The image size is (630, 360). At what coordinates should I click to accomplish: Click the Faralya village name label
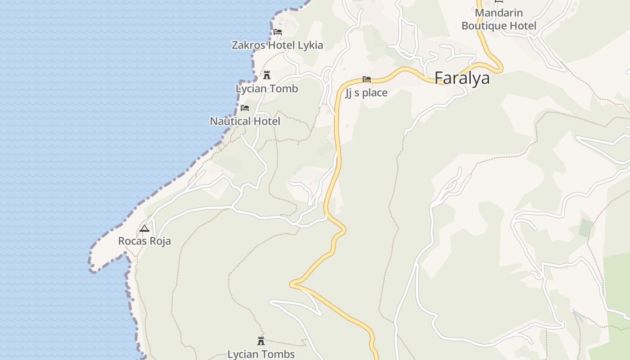click(462, 78)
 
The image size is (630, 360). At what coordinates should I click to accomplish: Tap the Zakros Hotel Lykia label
click(277, 45)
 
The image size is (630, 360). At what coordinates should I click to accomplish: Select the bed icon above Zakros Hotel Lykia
click(278, 32)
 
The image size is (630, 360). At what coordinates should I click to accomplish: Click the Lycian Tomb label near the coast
click(267, 89)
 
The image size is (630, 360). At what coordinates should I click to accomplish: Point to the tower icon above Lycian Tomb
click(267, 75)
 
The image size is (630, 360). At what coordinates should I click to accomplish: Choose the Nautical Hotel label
click(245, 121)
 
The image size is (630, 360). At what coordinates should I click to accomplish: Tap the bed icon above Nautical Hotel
click(245, 108)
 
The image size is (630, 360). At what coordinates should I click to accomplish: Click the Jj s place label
click(366, 93)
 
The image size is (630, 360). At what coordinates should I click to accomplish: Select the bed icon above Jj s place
click(367, 80)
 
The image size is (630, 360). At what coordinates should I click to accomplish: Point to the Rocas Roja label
click(144, 241)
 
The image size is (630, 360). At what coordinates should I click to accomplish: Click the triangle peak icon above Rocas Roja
click(144, 228)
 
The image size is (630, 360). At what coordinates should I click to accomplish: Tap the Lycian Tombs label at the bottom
click(261, 354)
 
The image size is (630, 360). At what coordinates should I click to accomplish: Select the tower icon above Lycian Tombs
click(261, 341)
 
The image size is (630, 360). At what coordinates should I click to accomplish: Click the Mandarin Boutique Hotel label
click(499, 19)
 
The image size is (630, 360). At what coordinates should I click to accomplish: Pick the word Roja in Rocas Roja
click(161, 241)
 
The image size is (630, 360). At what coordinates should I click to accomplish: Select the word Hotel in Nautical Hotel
click(266, 121)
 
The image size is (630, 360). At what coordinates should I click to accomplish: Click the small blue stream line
click(577, 315)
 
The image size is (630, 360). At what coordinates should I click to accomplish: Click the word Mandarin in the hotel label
click(499, 13)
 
